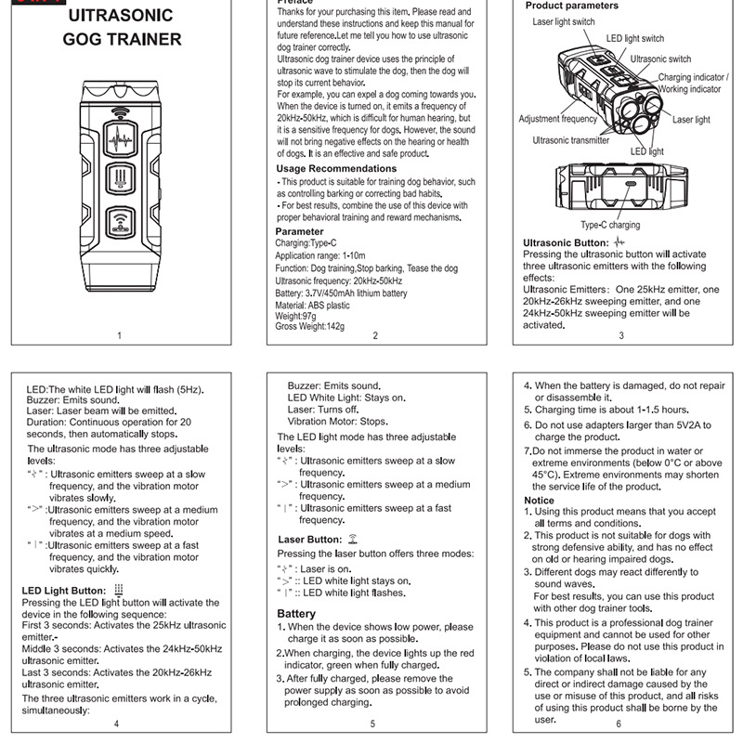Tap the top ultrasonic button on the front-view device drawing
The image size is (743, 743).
click(123, 145)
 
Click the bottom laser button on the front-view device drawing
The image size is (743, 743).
click(123, 221)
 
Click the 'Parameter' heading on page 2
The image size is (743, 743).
click(300, 231)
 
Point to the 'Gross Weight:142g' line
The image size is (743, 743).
click(309, 327)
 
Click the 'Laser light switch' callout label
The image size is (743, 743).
click(564, 21)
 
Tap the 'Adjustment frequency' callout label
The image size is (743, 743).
click(557, 119)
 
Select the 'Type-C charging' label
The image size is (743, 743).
click(610, 225)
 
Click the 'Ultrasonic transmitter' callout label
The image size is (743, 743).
click(571, 140)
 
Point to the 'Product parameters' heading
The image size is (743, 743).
click(572, 6)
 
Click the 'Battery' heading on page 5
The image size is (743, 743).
click(296, 614)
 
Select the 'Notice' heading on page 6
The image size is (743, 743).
click(540, 501)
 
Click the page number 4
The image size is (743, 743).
click(116, 723)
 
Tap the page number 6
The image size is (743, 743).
click(619, 723)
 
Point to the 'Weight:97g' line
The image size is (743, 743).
click(297, 317)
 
